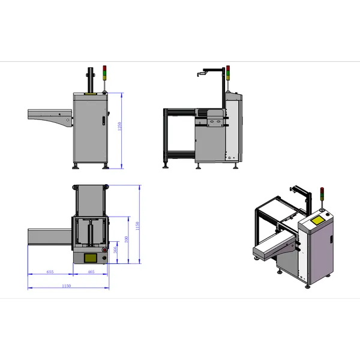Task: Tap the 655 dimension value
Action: coord(50,272)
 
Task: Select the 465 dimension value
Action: coord(91,272)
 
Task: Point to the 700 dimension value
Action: coord(126,239)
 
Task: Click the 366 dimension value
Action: coord(116,251)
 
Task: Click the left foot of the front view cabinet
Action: coord(76,166)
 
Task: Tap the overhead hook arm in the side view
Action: coord(204,73)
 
